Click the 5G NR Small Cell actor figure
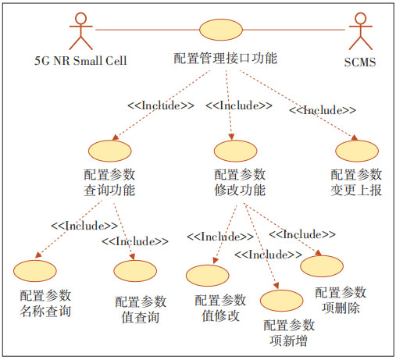coord(81,30)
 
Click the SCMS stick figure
coord(361,30)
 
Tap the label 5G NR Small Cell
coord(80,61)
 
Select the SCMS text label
coord(360,62)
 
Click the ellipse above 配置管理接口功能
coord(221,30)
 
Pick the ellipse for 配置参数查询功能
coord(110,151)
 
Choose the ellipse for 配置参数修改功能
coord(235,151)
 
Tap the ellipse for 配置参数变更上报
coord(357,151)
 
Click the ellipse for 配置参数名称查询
coord(35,271)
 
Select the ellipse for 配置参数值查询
coord(135,271)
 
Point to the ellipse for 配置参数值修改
coord(208,276)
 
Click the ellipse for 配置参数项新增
coord(282,301)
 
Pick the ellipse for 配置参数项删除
coord(322,266)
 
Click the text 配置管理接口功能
coord(226,59)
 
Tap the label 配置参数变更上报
coord(356,183)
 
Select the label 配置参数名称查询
coord(45,304)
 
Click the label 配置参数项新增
coord(289,333)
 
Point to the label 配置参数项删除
coord(341,300)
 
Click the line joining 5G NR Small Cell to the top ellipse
coord(148,30)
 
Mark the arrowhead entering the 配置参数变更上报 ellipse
coord(355,138)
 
